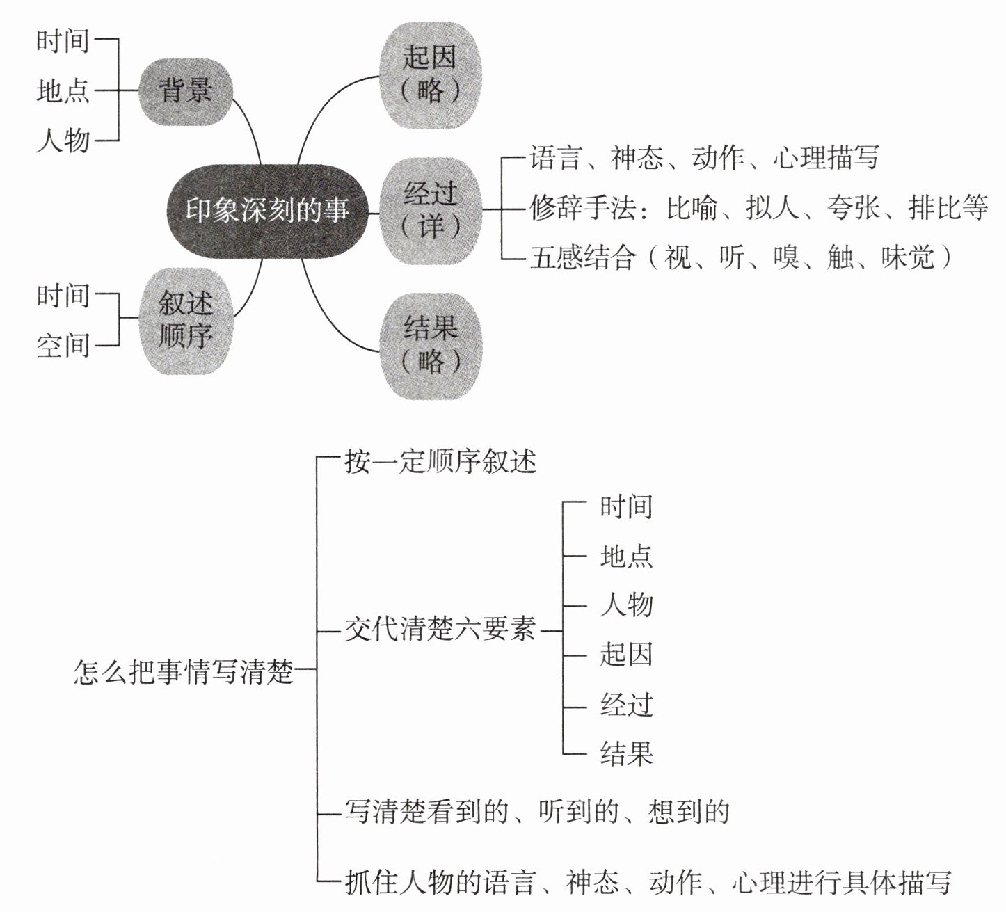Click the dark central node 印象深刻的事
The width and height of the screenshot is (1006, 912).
pyautogui.click(x=267, y=211)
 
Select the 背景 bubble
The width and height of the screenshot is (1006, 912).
pyautogui.click(x=186, y=91)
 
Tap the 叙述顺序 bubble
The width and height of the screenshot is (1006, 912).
pyautogui.click(x=186, y=320)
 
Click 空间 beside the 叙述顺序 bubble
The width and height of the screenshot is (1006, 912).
pyautogui.click(x=63, y=345)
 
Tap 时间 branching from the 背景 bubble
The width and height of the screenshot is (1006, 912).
pyautogui.click(x=63, y=41)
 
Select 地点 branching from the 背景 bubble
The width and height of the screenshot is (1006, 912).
pyautogui.click(x=63, y=91)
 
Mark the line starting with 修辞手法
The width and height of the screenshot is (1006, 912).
pyautogui.click(x=758, y=208)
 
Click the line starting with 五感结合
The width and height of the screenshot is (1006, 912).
pyautogui.click(x=740, y=258)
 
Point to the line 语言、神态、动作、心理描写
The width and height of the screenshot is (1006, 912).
pyautogui.click(x=704, y=158)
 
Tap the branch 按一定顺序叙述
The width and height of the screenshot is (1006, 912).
pyautogui.click(x=440, y=461)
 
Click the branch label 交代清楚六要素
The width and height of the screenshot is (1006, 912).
pyautogui.click(x=440, y=630)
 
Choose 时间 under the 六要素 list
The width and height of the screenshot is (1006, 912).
pyautogui.click(x=626, y=506)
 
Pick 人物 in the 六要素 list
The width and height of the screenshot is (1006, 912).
pyautogui.click(x=626, y=604)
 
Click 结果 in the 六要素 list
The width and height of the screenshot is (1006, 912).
pyautogui.click(x=626, y=753)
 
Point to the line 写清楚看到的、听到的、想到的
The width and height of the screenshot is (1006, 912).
pyautogui.click(x=537, y=812)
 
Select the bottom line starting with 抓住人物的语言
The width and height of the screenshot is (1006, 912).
pyautogui.click(x=648, y=883)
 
